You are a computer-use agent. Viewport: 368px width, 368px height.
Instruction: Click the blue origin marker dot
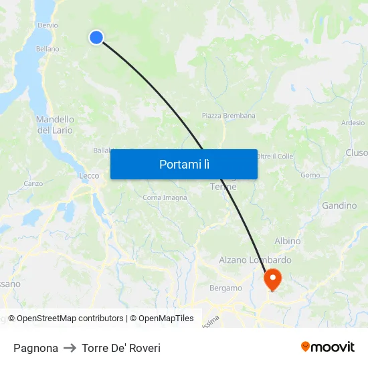click(96, 37)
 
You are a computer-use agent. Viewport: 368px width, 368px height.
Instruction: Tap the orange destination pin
click(273, 278)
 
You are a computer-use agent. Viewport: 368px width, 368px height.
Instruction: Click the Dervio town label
click(48, 25)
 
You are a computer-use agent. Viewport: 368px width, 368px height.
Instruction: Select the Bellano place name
click(48, 49)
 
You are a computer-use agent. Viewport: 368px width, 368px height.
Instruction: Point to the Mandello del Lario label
click(55, 124)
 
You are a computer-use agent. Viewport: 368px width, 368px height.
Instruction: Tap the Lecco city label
click(89, 176)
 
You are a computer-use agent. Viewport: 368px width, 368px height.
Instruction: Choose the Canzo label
click(33, 183)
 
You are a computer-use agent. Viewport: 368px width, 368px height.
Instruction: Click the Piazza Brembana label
click(228, 116)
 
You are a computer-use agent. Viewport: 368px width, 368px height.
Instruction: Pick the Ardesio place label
click(353, 123)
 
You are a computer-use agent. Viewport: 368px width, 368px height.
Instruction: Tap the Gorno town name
click(310, 175)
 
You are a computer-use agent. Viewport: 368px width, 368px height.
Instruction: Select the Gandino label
click(339, 205)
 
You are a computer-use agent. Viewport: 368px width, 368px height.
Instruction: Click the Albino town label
click(287, 241)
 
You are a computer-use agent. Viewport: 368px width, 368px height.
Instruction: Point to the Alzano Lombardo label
click(255, 260)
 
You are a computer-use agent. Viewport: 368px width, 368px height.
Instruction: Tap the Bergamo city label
click(225, 288)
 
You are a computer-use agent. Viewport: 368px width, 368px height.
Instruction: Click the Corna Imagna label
click(165, 197)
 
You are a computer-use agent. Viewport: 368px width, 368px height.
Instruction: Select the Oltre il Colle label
click(275, 156)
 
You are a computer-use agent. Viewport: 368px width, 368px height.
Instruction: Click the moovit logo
click(327, 347)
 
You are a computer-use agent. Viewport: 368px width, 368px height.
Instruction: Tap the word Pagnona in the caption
click(35, 348)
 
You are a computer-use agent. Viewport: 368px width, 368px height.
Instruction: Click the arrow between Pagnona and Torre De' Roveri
click(70, 348)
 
